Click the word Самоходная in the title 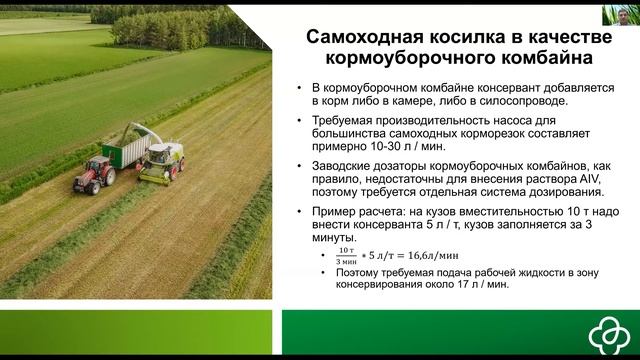362,38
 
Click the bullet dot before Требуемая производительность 300,120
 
